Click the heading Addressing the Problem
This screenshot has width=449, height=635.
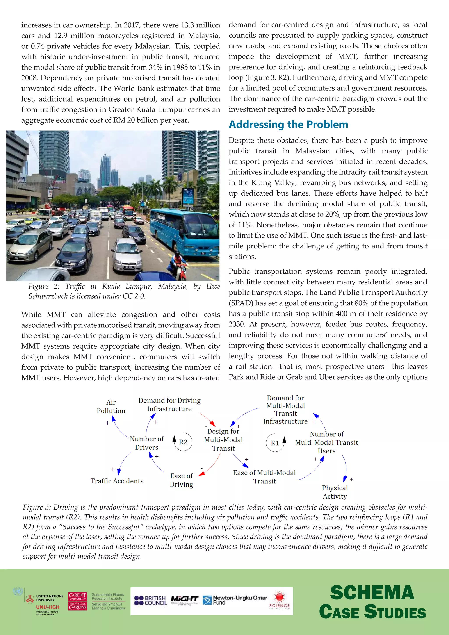[x=288, y=125]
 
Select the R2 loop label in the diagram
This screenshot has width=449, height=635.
[x=183, y=442]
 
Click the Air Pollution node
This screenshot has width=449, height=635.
[x=111, y=407]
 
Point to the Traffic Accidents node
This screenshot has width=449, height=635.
[x=117, y=481]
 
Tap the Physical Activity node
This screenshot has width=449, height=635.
[x=335, y=492]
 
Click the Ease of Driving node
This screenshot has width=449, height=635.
[x=181, y=480]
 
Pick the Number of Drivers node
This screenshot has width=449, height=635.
[x=147, y=443]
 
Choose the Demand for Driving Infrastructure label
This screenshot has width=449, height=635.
[x=169, y=405]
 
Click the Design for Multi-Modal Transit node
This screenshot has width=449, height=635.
[x=223, y=440]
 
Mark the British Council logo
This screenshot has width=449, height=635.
[x=150, y=600]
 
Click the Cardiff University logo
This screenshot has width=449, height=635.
[x=78, y=601]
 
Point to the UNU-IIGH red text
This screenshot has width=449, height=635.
[x=48, y=607]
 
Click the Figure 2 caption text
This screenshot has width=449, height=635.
[x=124, y=291]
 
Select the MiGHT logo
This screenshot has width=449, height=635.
[x=184, y=599]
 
